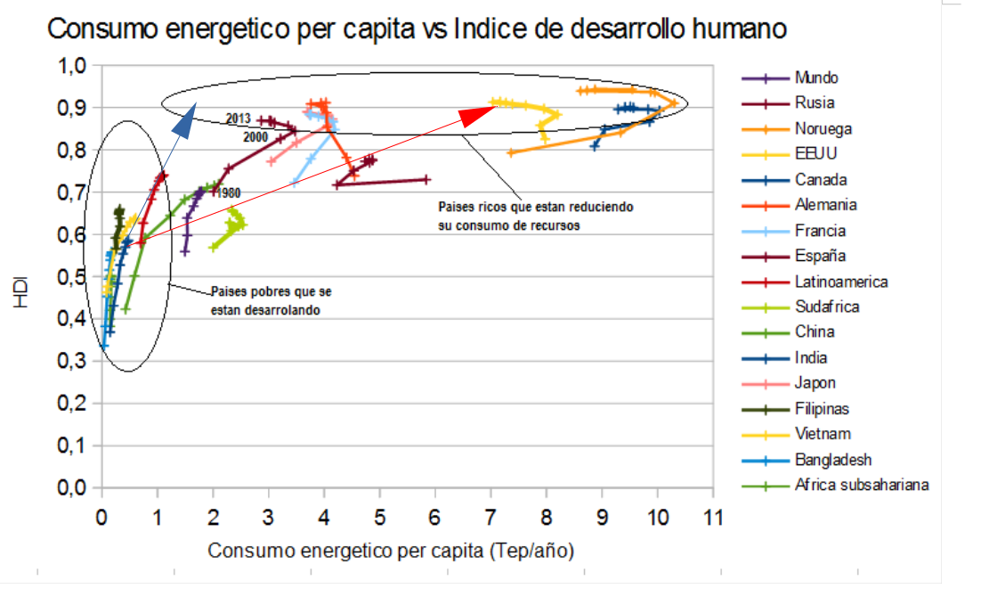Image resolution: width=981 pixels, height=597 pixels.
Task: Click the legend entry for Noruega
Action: coord(823,128)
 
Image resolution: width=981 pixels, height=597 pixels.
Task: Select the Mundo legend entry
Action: coord(816,78)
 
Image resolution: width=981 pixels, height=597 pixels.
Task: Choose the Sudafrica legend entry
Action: coord(828,307)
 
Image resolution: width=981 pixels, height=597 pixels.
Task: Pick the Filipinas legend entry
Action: coord(822,409)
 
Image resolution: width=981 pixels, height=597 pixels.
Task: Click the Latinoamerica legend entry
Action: coord(841,282)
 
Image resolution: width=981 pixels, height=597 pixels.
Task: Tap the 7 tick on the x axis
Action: coord(490,516)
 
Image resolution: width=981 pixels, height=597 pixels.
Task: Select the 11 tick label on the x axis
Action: coord(710,516)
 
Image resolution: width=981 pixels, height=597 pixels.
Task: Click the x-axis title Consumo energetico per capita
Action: coord(391,552)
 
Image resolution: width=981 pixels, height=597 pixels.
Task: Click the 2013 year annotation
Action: coord(238,119)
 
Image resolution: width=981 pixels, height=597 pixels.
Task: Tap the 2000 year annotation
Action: coord(255,137)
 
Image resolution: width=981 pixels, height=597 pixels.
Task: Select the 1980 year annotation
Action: coord(227,192)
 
